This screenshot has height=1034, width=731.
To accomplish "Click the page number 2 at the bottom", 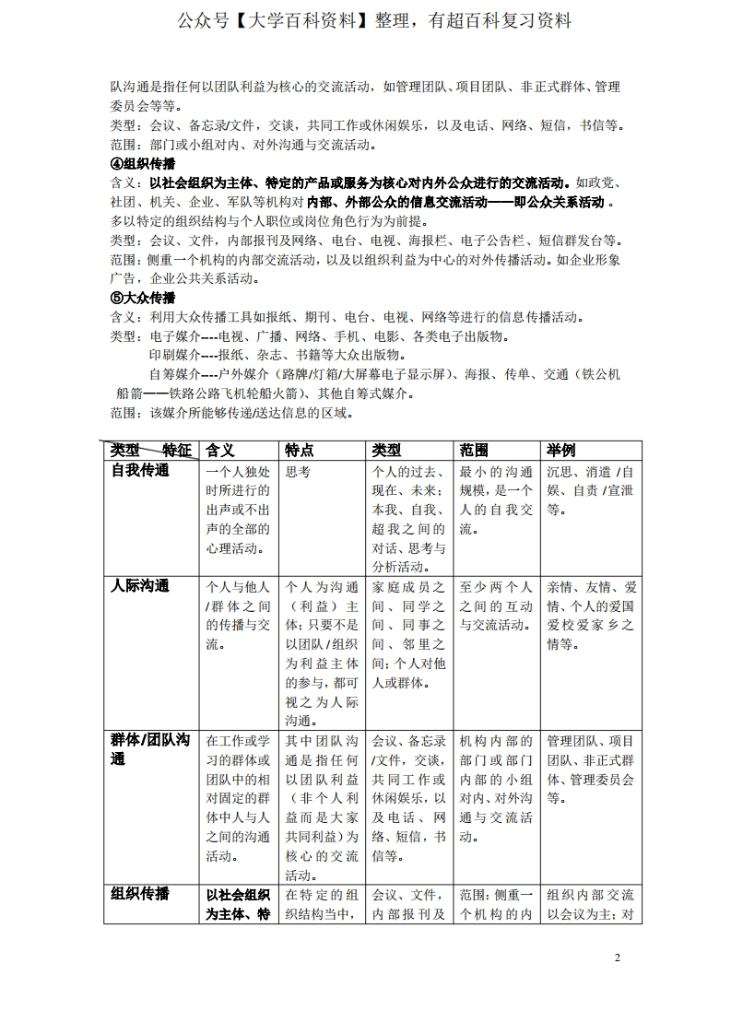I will [x=618, y=958].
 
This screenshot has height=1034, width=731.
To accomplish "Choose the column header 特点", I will [x=300, y=450].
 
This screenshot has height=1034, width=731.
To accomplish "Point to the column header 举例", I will [x=561, y=450].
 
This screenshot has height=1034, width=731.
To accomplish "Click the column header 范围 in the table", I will [x=474, y=450].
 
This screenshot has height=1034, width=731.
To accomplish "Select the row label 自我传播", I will [x=140, y=471].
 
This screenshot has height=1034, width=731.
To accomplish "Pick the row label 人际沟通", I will [x=140, y=586].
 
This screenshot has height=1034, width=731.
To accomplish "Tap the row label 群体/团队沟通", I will [x=150, y=749].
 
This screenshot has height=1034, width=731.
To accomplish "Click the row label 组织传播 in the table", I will [x=140, y=894].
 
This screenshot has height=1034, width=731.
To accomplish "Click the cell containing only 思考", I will [x=299, y=471].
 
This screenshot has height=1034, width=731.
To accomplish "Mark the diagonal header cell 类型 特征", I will [x=150, y=450].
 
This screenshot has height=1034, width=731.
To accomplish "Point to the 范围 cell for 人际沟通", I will [x=495, y=605].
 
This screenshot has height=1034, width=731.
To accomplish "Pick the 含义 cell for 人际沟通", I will [x=238, y=615].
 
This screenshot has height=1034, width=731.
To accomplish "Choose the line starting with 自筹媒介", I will [x=384, y=374].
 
